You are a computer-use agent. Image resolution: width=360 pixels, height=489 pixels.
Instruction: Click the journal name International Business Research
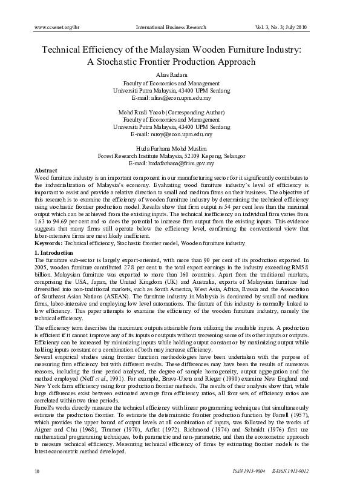tap(171, 27)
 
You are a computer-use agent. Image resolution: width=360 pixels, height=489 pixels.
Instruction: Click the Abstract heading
tap(47, 171)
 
